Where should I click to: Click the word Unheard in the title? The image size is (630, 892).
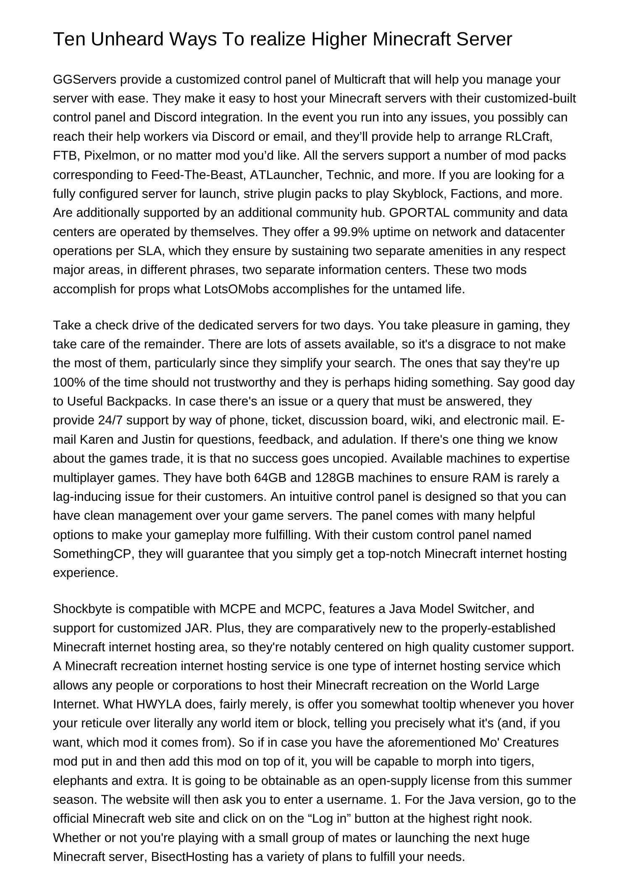(x=127, y=39)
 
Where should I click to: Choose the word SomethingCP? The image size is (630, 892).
(x=93, y=554)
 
